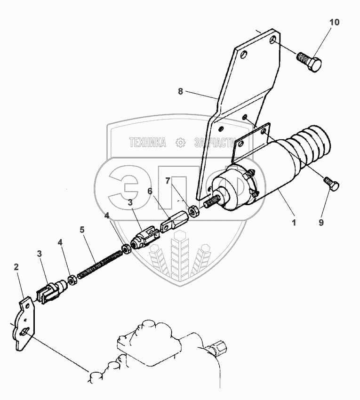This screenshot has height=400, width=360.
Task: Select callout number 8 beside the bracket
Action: tap(180, 92)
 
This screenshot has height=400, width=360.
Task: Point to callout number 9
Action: tap(321, 223)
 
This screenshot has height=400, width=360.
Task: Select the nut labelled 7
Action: tap(193, 210)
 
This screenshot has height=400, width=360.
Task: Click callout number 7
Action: tap(168, 180)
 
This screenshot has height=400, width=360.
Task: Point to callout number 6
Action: tap(150, 191)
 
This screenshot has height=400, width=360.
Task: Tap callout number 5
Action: tap(82, 230)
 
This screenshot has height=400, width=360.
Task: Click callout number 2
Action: tap(16, 267)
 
